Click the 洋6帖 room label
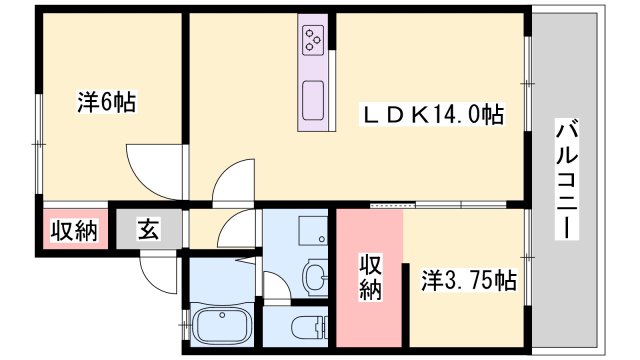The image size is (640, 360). point(107,101)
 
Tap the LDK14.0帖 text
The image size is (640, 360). point(432,115)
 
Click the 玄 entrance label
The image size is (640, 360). point(147,231)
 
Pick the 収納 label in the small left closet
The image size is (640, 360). point(74,231)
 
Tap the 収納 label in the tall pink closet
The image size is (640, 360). point(370,277)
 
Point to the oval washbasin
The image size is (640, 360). point(315,274)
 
